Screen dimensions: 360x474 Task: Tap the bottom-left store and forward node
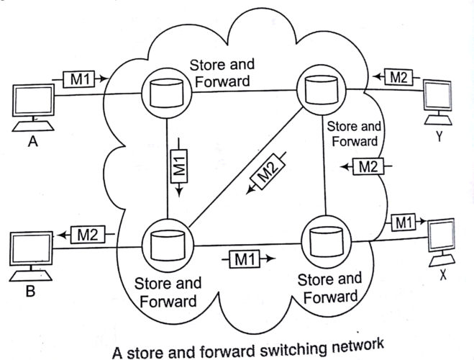click(x=168, y=243)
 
